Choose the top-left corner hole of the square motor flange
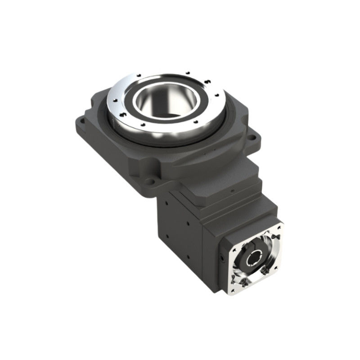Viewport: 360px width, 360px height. (235, 243)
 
